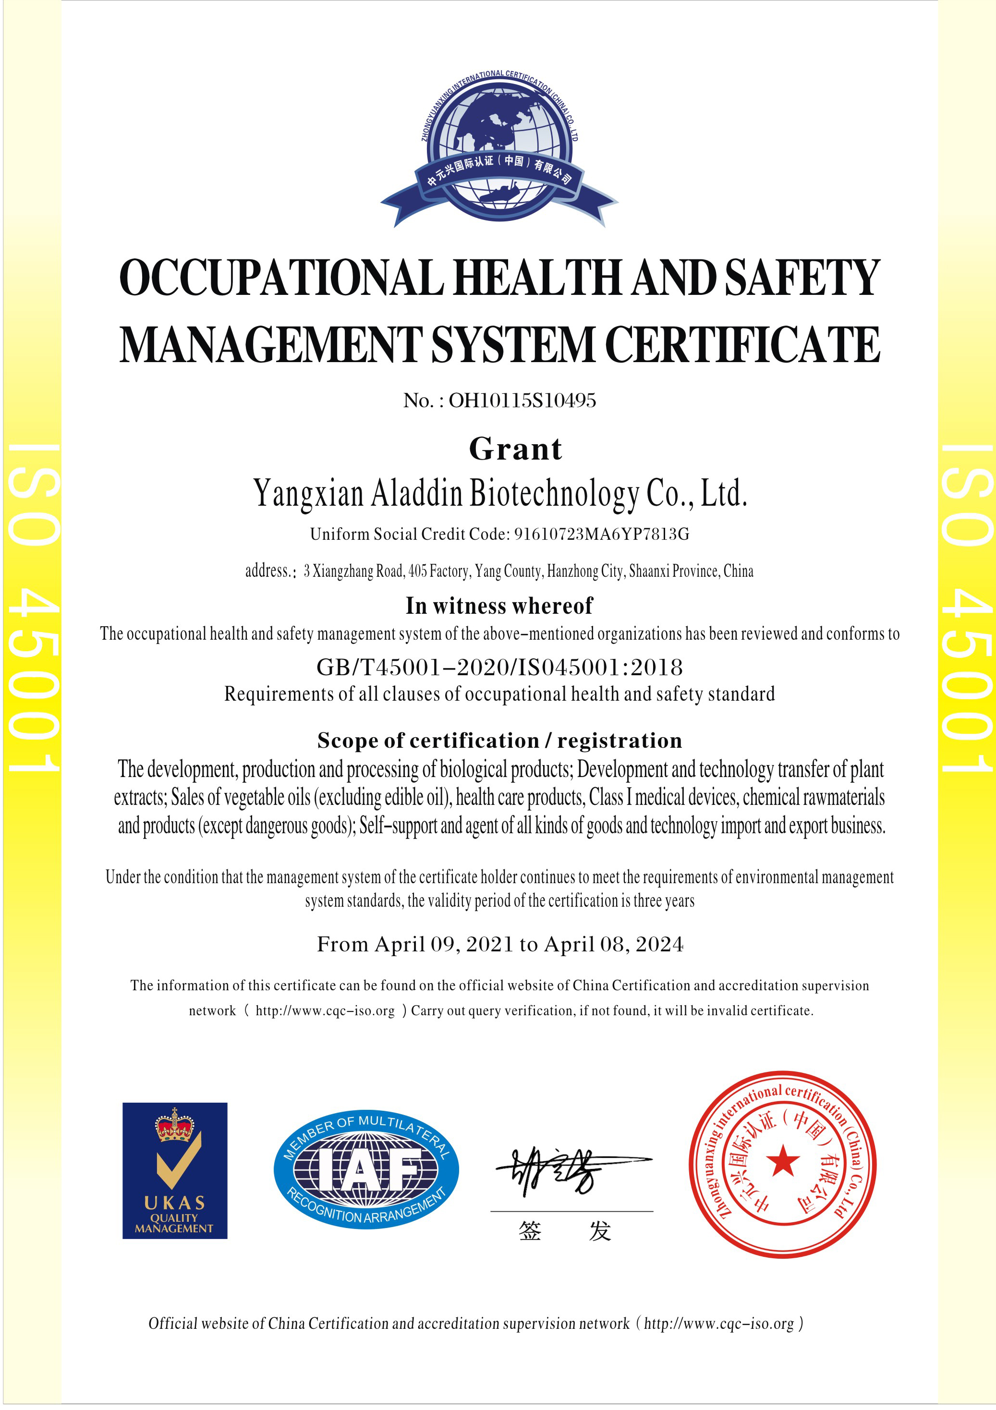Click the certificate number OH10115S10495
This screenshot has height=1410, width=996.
coord(522,401)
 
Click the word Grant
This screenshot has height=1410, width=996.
coord(515,450)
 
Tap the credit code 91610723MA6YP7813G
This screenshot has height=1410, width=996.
coord(601,535)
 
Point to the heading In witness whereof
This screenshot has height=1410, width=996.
coord(498,606)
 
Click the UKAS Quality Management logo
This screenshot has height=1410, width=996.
coord(175,1170)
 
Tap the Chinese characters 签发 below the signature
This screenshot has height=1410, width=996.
coord(564,1231)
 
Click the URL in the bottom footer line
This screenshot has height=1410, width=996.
coord(719,1324)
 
